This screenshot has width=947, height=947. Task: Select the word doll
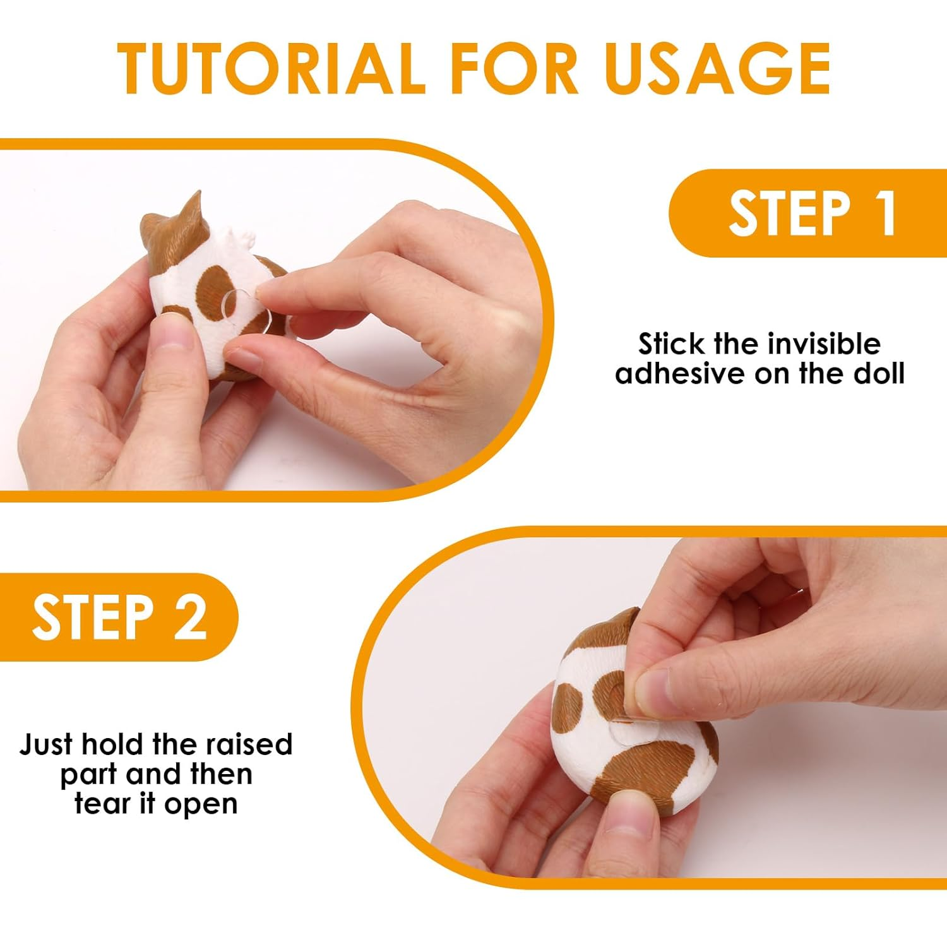point(879,373)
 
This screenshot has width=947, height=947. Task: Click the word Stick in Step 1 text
point(670,344)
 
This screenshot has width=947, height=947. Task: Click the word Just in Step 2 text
point(46,744)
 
